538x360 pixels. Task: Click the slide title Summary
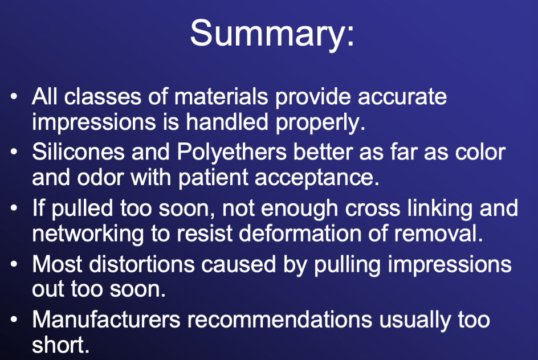click(272, 34)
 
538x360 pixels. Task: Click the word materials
click(221, 96)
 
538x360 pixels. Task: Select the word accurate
click(402, 97)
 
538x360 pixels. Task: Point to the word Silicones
click(78, 152)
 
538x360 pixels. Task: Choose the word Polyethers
click(231, 153)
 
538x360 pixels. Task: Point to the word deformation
click(300, 234)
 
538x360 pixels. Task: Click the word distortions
click(142, 264)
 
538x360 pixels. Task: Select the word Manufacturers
click(106, 320)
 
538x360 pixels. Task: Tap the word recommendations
click(280, 320)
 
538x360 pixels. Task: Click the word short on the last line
click(61, 345)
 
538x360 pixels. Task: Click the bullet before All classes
click(14, 96)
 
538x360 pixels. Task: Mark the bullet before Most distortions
click(14, 264)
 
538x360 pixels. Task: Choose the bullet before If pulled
click(14, 208)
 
